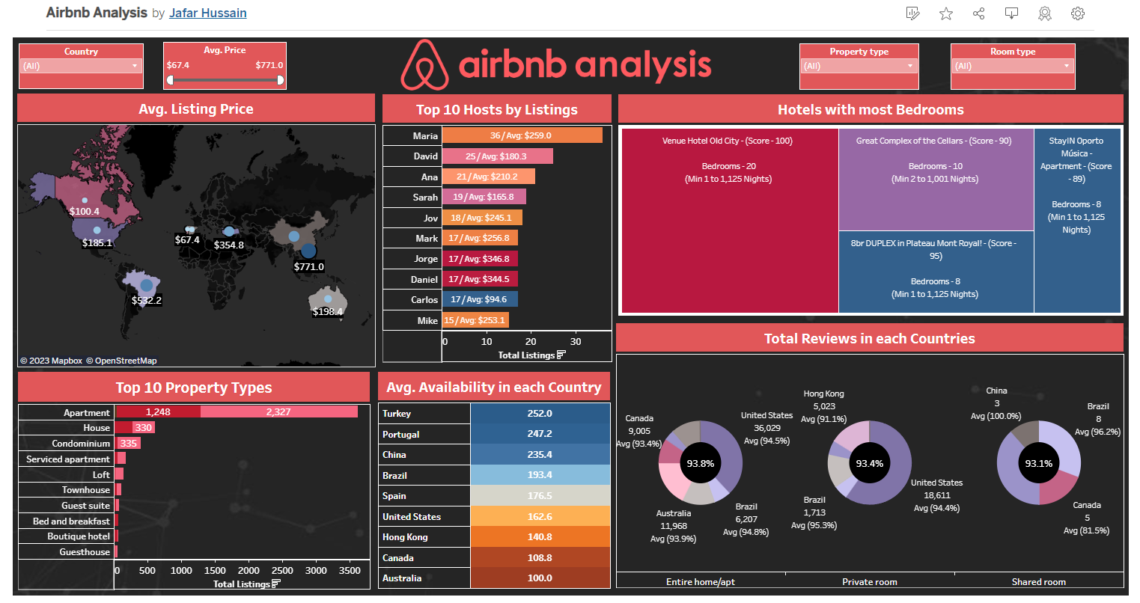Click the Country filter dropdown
pos(81,66)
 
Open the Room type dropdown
pos(1013,66)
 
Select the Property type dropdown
pos(859,66)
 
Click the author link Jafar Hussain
pos(207,13)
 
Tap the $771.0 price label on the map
pos(308,266)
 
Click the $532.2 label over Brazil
pos(147,300)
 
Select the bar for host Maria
pos(522,135)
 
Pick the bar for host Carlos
pos(479,299)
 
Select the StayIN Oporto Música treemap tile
pos(1077,221)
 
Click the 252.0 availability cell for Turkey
pos(540,413)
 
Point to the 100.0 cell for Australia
pos(540,578)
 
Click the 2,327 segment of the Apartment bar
pos(278,411)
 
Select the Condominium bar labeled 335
pos(128,443)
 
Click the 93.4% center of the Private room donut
pos(869,463)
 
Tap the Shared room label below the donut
pos(1038,581)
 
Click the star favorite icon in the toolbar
pos(946,13)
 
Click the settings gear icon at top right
pos(1078,13)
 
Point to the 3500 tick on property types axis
pos(350,570)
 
